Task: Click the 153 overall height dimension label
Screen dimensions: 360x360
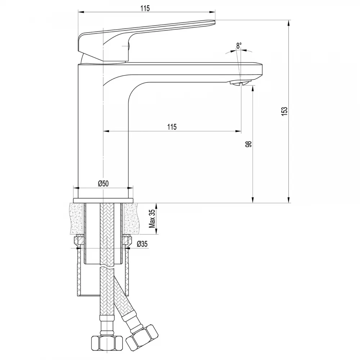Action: click(x=284, y=111)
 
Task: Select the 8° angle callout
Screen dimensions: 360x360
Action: click(x=239, y=46)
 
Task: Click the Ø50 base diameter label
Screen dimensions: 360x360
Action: click(x=103, y=184)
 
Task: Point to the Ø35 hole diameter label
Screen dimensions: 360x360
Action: click(x=142, y=244)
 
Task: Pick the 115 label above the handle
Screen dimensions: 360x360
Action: click(x=145, y=9)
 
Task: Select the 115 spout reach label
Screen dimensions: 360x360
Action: click(x=172, y=127)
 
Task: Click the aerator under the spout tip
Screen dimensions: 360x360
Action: click(x=240, y=83)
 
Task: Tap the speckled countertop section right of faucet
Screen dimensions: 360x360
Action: click(x=131, y=218)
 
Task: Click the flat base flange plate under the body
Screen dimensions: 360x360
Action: click(x=103, y=201)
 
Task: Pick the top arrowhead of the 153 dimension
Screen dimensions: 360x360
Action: click(x=288, y=22)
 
